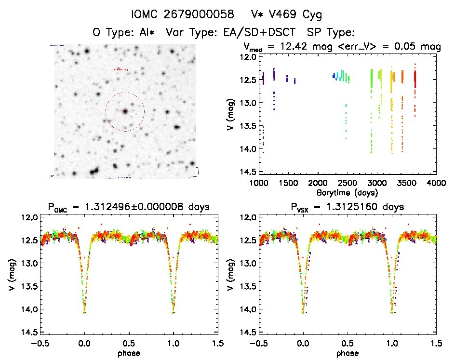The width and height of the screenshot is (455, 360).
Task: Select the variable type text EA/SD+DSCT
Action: (x=267, y=33)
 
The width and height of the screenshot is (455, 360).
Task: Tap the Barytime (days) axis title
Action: (x=348, y=192)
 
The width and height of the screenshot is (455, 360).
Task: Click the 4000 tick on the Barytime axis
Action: (x=436, y=183)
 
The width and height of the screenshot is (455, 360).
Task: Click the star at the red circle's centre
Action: (x=125, y=111)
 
